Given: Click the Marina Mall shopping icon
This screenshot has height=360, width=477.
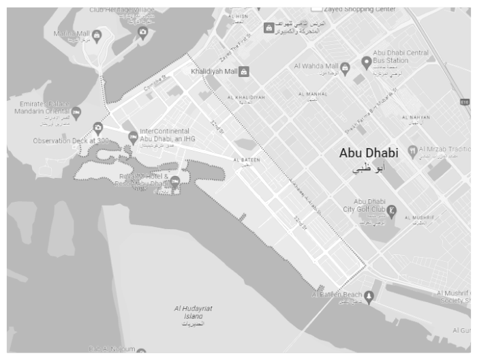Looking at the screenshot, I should [x=97, y=35].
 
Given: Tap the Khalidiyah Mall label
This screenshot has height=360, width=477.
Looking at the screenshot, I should [x=213, y=71].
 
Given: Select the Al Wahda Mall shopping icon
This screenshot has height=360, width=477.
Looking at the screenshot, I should [x=345, y=67].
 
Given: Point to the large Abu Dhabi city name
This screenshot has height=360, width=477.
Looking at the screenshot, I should [x=369, y=154].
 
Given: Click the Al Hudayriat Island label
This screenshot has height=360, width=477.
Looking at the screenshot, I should [x=193, y=312].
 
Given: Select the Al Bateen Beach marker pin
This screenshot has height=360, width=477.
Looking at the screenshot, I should [x=369, y=295].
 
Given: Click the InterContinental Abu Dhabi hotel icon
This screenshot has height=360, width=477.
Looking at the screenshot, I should [x=133, y=136].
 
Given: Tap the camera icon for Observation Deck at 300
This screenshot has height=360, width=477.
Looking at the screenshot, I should [x=98, y=127].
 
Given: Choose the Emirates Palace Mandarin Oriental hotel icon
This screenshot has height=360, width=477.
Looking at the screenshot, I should [x=76, y=111].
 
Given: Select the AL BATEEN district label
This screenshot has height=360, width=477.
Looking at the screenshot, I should [x=246, y=160].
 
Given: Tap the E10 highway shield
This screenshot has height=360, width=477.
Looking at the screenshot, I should [x=464, y=102].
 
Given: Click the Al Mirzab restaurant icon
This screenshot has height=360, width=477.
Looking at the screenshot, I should [x=412, y=150].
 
